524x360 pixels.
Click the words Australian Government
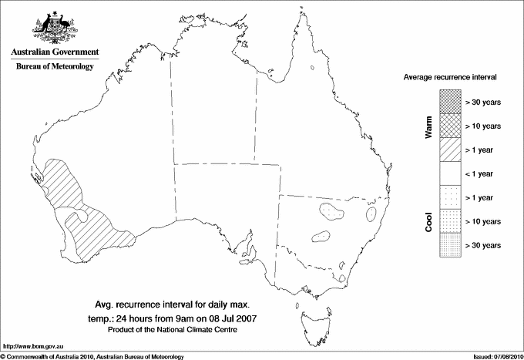pyautogui.click(x=55, y=52)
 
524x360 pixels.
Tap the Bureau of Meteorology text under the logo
pyautogui.click(x=55, y=67)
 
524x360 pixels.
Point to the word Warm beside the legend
pyautogui.click(x=428, y=126)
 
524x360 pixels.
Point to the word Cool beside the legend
pyautogui.click(x=428, y=222)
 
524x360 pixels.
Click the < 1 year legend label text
pyautogui.click(x=483, y=174)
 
